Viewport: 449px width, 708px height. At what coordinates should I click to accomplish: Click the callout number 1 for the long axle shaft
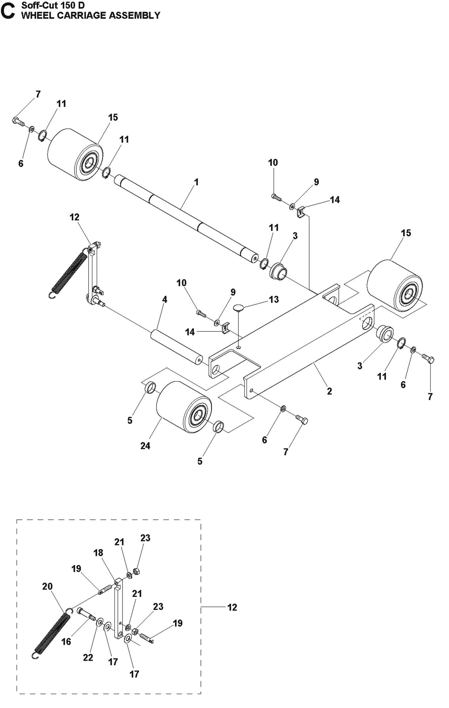[x=196, y=182]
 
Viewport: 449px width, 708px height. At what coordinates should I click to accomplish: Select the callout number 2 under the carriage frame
[x=329, y=391]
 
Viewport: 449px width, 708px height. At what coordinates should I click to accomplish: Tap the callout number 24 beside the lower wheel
[x=145, y=446]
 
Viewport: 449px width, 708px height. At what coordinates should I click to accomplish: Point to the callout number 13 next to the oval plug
[x=274, y=299]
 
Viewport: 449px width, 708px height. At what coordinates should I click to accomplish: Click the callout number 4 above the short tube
[x=165, y=299]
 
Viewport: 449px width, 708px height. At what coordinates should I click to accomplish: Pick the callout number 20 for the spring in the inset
[x=48, y=586]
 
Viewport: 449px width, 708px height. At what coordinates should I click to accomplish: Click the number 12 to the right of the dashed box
[x=232, y=607]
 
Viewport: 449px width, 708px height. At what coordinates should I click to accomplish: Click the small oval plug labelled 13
[x=239, y=308]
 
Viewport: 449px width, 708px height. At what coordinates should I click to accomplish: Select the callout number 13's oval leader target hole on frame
[x=238, y=347]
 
